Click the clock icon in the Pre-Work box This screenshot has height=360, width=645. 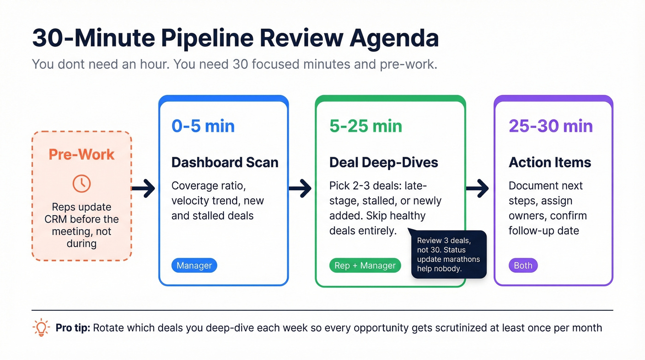tap(82, 183)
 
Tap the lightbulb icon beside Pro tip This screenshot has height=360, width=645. tap(41, 328)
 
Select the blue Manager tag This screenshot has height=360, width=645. tap(194, 266)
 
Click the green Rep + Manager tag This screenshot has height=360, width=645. tap(365, 266)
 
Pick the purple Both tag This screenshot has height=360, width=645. tap(523, 266)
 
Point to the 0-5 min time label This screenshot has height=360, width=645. tap(203, 126)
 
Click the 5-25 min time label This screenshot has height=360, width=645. tap(365, 126)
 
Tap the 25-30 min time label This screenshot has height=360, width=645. tap(551, 126)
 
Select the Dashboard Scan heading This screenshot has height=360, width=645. tap(225, 162)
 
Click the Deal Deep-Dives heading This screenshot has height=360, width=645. tap(383, 162)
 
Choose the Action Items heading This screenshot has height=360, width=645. tap(550, 162)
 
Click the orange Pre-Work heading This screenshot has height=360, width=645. tap(82, 154)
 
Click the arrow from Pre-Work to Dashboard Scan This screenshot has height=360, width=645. tap(143, 188)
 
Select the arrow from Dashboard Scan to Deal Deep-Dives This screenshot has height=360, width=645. tap(300, 188)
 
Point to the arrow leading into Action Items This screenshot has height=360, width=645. tap(477, 188)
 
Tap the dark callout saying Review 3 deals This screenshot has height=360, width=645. tap(448, 254)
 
